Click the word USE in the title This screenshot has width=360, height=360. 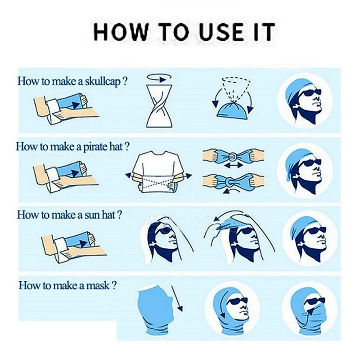pyautogui.click(x=221, y=31)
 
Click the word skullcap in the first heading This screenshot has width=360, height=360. pyautogui.click(x=103, y=81)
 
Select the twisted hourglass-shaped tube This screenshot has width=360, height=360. pyautogui.click(x=159, y=106)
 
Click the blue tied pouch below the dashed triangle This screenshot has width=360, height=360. pyautogui.click(x=233, y=111)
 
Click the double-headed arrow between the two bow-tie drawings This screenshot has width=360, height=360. pyautogui.click(x=233, y=165)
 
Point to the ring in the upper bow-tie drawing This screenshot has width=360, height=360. pyautogui.click(x=233, y=157)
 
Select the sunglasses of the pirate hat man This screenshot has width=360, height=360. pyautogui.click(x=310, y=163)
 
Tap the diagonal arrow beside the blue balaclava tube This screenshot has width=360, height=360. pyautogui.click(x=177, y=298)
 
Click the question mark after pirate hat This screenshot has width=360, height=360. pyautogui.click(x=127, y=147)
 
